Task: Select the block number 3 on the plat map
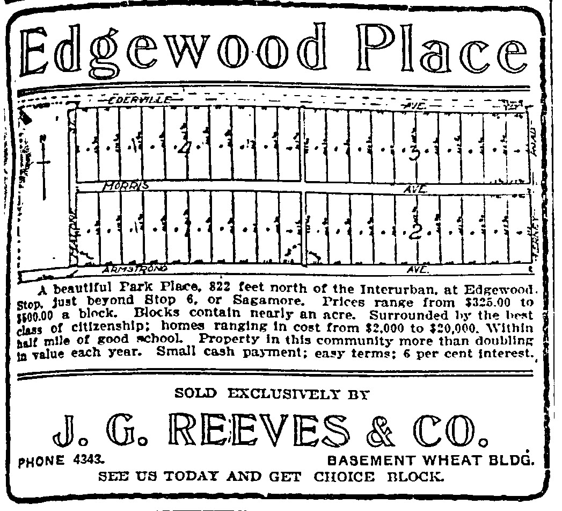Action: pos(414,152)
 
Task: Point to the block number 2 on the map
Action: pos(414,232)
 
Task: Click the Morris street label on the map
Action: pos(125,186)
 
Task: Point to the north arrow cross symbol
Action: pos(44,161)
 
